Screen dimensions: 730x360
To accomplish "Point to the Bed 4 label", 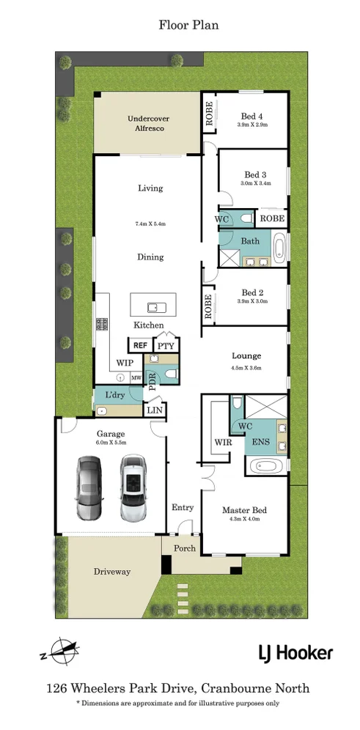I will (x=252, y=116).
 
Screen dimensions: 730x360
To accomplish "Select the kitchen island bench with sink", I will (x=151, y=304).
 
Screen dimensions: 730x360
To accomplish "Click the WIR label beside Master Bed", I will (x=222, y=442).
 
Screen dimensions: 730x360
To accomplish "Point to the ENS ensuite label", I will (x=260, y=442).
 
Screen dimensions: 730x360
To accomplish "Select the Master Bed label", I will (x=244, y=510).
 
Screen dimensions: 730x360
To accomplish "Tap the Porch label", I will (x=183, y=547).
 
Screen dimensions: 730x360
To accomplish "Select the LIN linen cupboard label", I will (x=155, y=410).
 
